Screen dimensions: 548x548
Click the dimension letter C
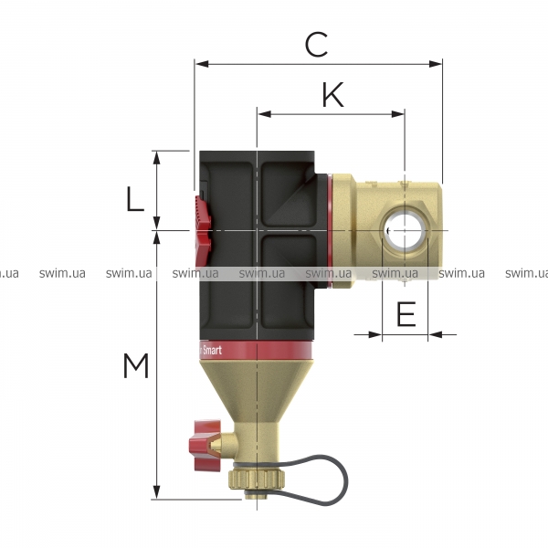click(316, 45)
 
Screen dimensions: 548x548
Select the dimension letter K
click(332, 95)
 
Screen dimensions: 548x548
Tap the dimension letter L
click(135, 199)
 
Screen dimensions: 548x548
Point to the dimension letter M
click(136, 365)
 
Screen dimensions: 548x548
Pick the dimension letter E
click(406, 314)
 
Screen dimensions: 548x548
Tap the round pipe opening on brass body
click(405, 231)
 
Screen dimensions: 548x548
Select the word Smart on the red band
click(212, 350)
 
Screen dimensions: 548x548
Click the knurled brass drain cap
click(257, 479)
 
